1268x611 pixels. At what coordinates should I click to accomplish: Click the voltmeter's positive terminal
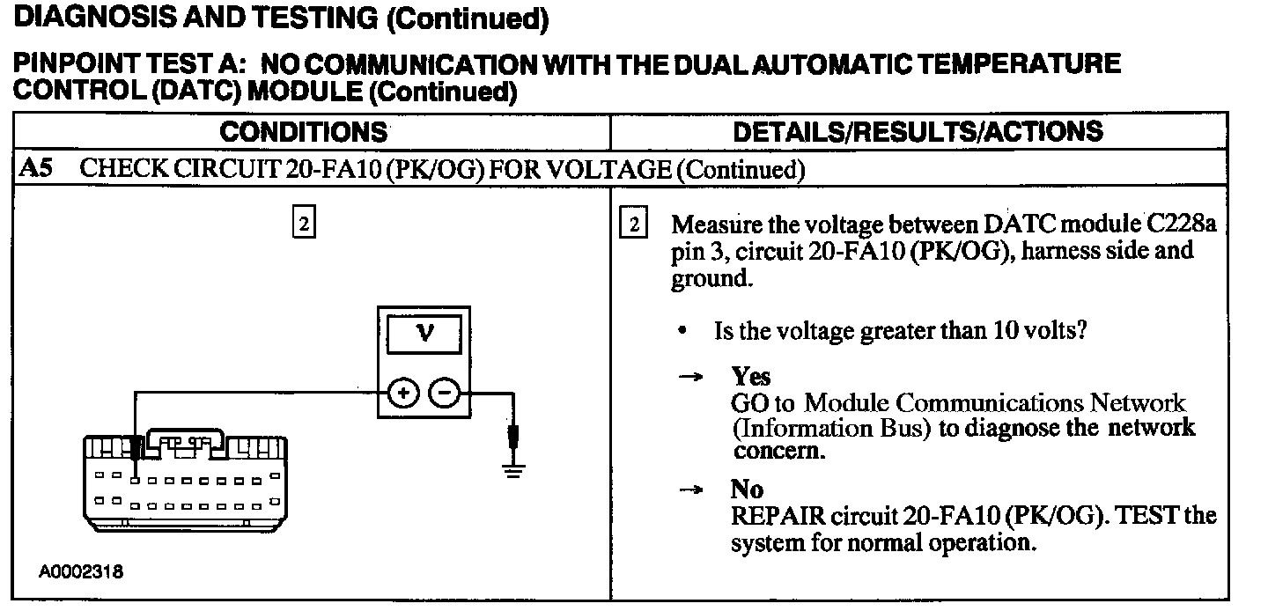(402, 394)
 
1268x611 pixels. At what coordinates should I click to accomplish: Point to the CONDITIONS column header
(304, 132)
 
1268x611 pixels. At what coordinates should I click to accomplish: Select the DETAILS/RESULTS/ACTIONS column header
(918, 132)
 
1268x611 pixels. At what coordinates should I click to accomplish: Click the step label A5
(35, 169)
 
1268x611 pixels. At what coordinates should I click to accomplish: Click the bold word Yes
(751, 377)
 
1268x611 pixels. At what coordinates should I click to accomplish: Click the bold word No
(747, 489)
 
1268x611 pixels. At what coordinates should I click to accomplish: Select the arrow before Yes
(691, 377)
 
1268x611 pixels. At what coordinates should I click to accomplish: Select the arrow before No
(691, 490)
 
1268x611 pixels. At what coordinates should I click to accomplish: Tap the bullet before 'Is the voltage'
(683, 332)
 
